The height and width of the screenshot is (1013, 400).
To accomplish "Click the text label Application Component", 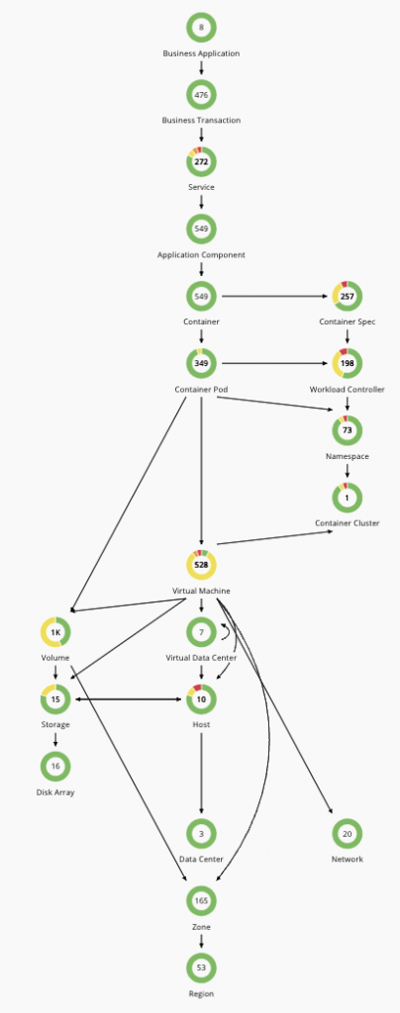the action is click(201, 255).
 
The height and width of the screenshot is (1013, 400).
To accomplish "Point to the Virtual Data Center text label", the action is click(201, 658).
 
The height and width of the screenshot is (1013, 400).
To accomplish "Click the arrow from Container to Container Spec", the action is click(275, 297).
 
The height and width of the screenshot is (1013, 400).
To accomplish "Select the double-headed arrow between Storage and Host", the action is click(128, 699).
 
